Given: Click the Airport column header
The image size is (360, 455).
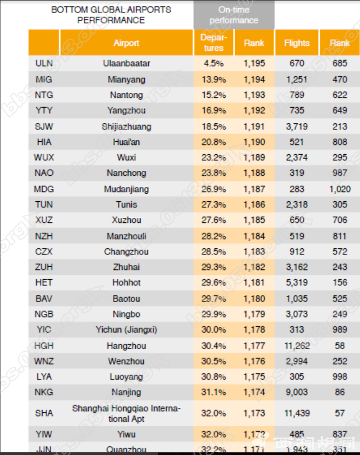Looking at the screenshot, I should [126, 43].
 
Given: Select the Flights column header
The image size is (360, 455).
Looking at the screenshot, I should [297, 43].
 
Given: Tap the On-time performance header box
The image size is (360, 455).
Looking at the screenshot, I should [234, 15].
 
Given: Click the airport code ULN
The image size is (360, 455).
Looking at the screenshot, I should [44, 63].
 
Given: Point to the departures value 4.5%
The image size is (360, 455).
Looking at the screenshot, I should [214, 63].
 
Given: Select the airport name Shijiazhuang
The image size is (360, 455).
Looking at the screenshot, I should [126, 127].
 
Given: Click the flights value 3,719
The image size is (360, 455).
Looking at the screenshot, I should [297, 127].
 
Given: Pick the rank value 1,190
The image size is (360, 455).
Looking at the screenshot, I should [254, 142].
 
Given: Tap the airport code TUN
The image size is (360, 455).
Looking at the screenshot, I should [44, 205].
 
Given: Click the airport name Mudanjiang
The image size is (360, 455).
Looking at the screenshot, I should [126, 189].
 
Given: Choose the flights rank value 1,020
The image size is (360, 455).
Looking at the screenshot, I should [339, 189].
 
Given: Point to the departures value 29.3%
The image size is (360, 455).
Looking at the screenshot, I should [214, 267].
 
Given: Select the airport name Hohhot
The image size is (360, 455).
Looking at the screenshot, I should [126, 282].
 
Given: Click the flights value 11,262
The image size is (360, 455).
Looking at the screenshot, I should [297, 346].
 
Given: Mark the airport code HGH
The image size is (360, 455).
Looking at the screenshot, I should [44, 346].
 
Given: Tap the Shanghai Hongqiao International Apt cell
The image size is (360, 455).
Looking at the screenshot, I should [126, 413].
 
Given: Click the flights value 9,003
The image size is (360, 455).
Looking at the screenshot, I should [297, 392].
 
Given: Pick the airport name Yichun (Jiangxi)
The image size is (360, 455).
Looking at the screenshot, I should [126, 329].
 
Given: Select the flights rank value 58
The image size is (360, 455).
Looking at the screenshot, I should [339, 346].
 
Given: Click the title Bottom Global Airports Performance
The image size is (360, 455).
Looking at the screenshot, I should [111, 15].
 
